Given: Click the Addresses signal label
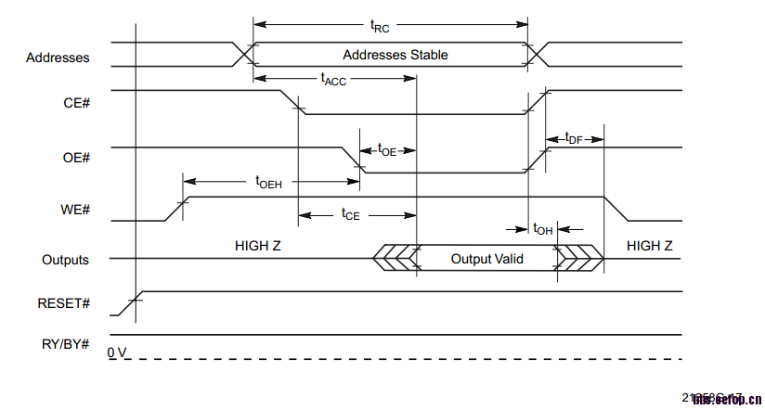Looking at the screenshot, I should [58, 58].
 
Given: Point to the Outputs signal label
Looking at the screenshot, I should [65, 260].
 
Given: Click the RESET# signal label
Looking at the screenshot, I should [63, 303].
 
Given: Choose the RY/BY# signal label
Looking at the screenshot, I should [65, 344].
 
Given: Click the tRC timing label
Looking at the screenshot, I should [381, 27].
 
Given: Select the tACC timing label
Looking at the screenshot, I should [333, 81].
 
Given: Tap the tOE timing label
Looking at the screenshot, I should [387, 149].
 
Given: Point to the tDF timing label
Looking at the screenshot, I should [574, 139].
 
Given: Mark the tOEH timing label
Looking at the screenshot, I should [268, 182].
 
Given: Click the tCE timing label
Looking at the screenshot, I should [350, 214].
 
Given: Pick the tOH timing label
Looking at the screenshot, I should [543, 229].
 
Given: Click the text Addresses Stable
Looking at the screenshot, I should [395, 55].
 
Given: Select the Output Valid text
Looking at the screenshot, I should [486, 259].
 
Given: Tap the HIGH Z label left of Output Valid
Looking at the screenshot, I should [258, 246].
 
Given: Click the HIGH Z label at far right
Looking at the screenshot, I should [650, 246].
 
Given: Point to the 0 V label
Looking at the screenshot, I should [115, 353].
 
